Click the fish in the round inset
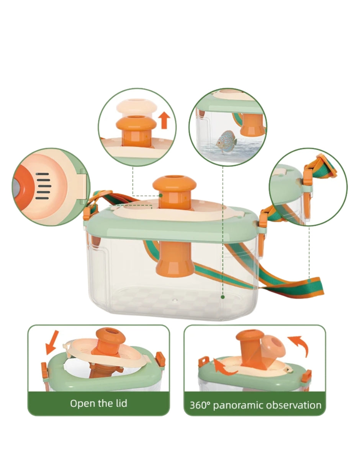[227, 140]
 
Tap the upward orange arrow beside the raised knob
[164, 121]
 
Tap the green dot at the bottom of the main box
[223, 297]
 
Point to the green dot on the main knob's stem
[160, 195]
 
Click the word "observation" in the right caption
[293, 405]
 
